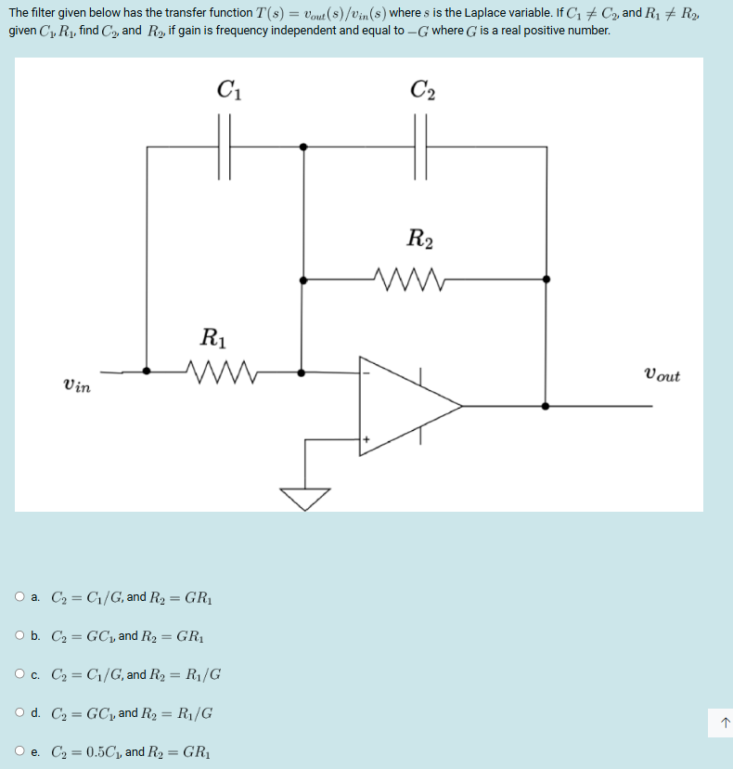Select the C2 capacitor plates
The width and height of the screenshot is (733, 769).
(423, 146)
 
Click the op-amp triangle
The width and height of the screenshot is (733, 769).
(408, 406)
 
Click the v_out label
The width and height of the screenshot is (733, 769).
(661, 375)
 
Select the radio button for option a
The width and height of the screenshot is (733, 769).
(20, 597)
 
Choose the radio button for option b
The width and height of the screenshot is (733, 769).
(20, 636)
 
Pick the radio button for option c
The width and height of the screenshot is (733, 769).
(20, 674)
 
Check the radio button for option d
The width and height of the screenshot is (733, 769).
(20, 713)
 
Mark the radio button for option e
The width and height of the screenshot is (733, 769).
(20, 751)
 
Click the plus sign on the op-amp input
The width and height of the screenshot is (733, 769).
(366, 438)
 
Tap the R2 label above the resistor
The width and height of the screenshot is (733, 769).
(419, 239)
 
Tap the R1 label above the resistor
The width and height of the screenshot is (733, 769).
(213, 336)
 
